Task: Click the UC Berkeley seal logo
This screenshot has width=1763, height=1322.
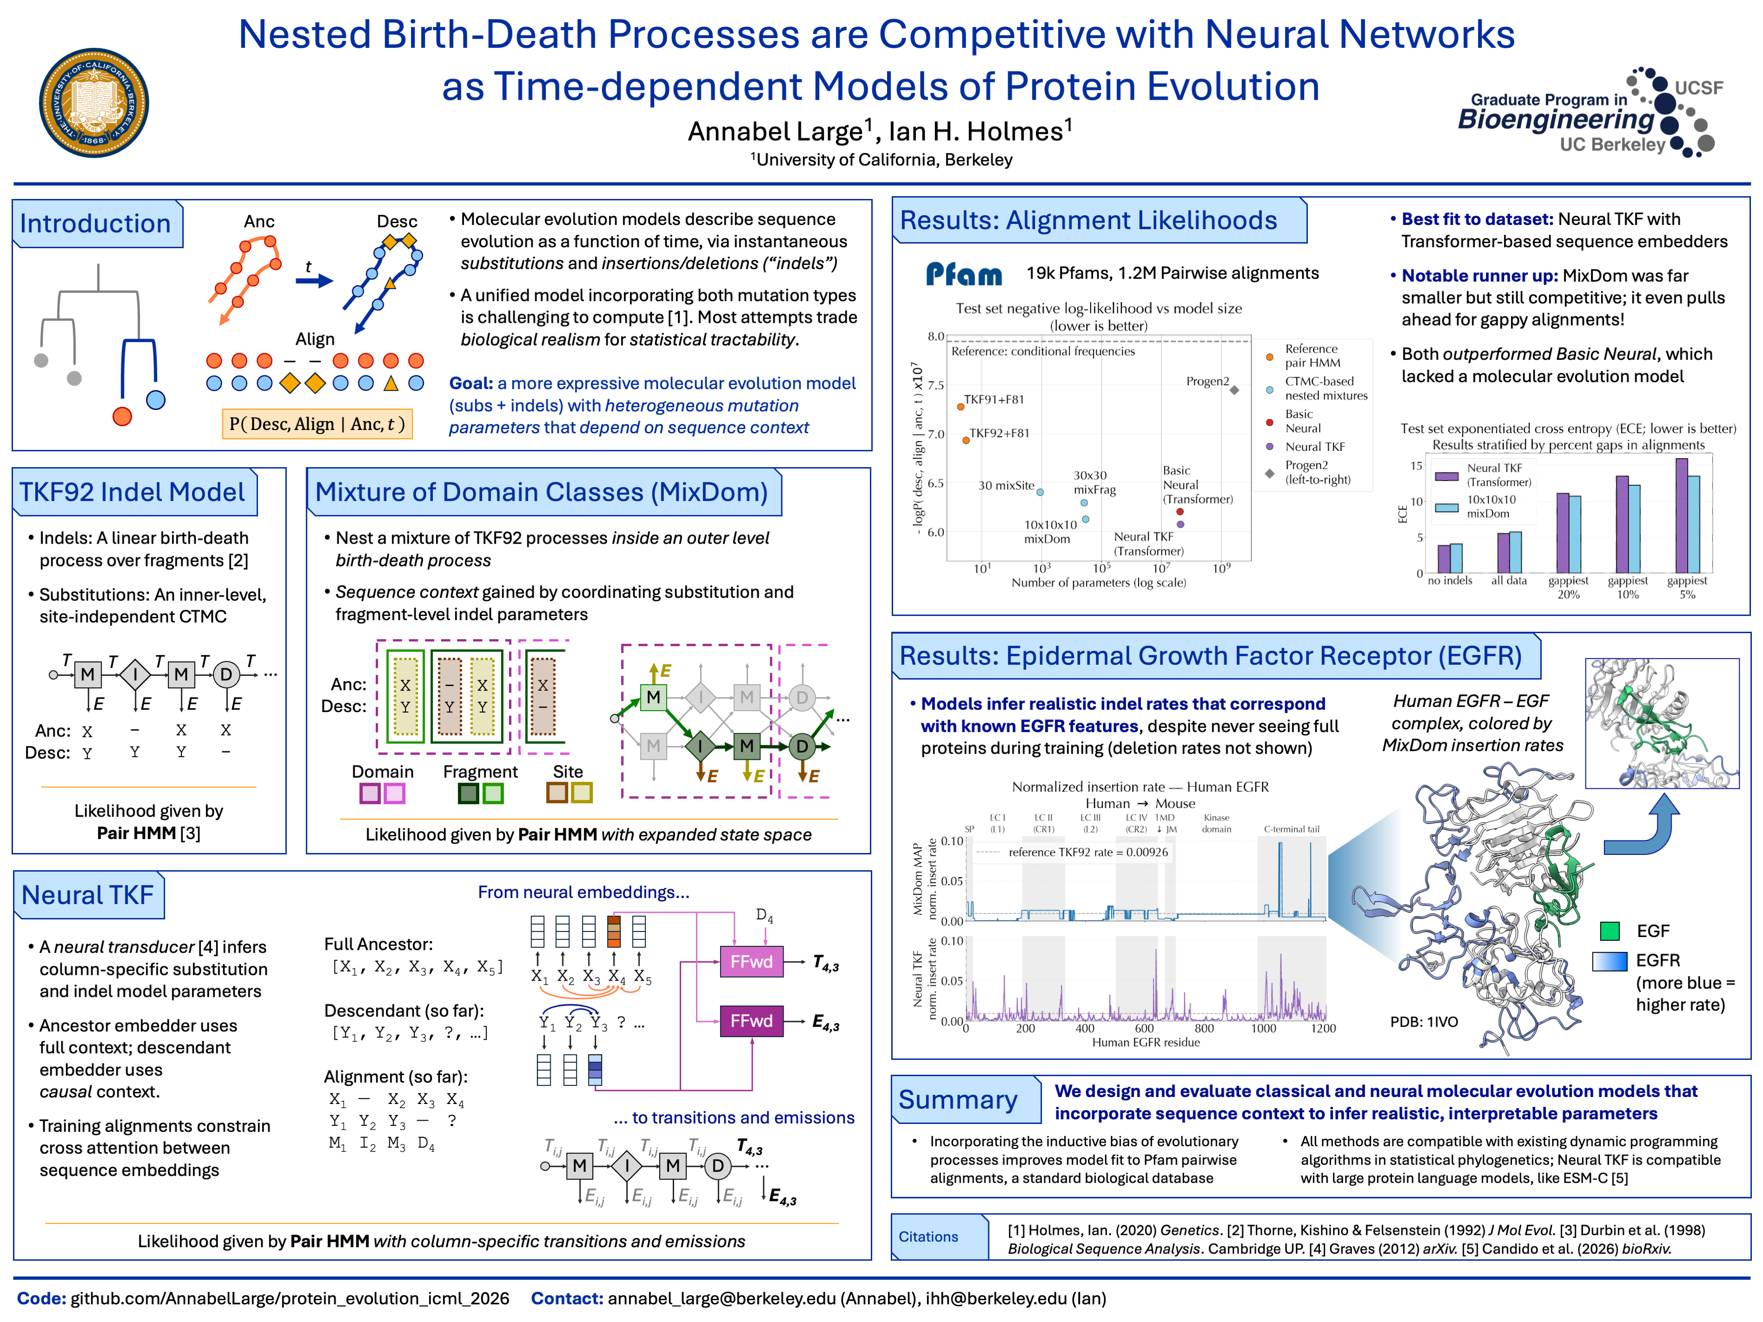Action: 94,103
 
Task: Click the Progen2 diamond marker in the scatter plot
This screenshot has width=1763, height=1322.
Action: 1234,390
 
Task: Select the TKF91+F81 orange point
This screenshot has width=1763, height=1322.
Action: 960,406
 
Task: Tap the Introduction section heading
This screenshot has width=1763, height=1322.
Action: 96,223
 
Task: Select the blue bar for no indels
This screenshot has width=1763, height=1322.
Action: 1456,558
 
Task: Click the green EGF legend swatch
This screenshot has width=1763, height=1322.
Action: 1610,931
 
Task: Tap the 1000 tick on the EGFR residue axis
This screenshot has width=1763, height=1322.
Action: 1263,1028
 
